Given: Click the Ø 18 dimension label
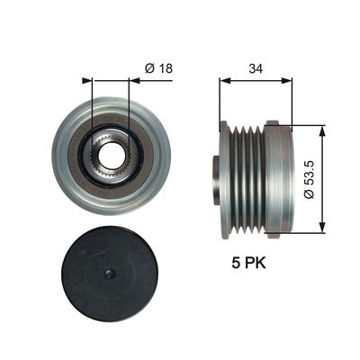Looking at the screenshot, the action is pos(158,68).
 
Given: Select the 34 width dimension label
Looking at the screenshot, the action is pos(256,69).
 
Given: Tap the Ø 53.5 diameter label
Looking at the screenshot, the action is pos(309,179).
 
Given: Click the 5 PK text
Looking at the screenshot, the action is pos(248,263).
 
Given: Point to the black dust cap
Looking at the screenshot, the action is pos(110,274).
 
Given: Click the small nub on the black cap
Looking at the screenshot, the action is pos(109,274).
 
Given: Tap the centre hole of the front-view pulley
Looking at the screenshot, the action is pos(110,156).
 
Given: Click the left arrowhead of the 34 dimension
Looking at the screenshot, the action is pos(224,80).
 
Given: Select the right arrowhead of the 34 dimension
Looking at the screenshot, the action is pos(286,80).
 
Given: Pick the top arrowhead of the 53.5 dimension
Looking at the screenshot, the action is pos(322,130).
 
